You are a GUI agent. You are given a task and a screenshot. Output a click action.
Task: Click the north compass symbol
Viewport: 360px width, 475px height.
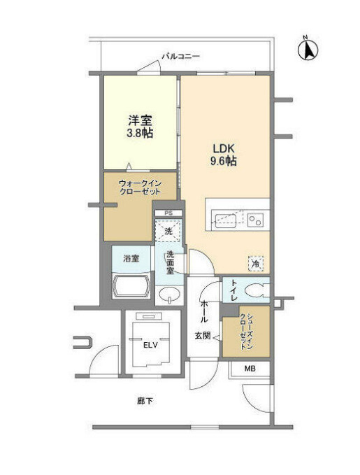[x=308, y=49]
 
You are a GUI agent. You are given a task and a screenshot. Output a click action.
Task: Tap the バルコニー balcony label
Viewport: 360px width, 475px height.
[x=181, y=57]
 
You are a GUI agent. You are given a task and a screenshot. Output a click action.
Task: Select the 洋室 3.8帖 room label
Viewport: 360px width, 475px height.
[x=140, y=127]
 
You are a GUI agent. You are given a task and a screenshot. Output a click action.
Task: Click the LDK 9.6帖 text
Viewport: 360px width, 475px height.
[x=224, y=155]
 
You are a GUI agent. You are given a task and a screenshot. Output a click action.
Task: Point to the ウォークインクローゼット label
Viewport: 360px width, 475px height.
[x=140, y=187]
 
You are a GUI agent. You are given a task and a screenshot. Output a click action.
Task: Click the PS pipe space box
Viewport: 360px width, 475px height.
[x=168, y=213]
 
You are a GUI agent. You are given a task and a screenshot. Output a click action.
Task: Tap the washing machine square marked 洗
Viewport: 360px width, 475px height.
[x=168, y=231]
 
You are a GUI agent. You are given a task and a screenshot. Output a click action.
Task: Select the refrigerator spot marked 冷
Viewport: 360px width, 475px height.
[x=256, y=264]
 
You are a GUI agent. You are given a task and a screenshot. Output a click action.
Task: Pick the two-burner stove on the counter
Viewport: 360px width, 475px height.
[x=255, y=220]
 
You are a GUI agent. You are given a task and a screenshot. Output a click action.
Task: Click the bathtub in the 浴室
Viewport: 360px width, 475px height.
[x=131, y=286]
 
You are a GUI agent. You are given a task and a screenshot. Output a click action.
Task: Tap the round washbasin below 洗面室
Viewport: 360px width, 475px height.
[x=169, y=295]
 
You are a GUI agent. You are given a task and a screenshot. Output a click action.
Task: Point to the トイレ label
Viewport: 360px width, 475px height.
[x=233, y=290]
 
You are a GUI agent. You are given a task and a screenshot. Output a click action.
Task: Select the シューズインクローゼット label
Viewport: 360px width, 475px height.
[x=245, y=332]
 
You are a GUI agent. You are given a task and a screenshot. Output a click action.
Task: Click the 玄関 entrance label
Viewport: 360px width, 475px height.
[x=202, y=336]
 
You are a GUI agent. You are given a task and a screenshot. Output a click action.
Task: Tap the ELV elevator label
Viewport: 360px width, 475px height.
[x=150, y=345]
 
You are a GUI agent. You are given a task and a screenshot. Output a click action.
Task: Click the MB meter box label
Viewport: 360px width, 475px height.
[x=250, y=369]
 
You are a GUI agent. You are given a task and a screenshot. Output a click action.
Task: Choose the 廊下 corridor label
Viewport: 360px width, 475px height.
[x=145, y=402]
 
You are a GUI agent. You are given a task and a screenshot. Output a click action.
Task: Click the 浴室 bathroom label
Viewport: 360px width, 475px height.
[x=131, y=259]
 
